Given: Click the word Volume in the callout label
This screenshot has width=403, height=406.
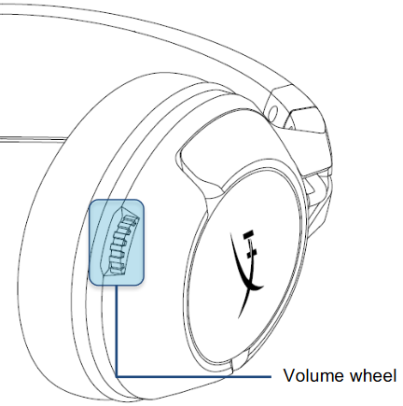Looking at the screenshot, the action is (x=314, y=375).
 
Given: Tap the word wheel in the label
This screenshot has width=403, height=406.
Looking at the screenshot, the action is (x=373, y=375).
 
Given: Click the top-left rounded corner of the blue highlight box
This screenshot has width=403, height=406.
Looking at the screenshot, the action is (x=91, y=202).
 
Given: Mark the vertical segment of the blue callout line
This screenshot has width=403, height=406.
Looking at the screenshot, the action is (x=117, y=331).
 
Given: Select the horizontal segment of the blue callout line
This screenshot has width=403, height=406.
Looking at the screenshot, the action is (x=194, y=376).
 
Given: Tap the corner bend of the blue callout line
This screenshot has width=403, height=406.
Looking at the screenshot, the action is (x=117, y=376).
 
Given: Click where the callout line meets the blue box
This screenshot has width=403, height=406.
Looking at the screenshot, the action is (x=117, y=286).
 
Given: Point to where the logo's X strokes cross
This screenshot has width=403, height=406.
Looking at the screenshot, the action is (x=248, y=283).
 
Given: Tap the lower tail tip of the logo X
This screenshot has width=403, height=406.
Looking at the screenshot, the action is (x=239, y=317).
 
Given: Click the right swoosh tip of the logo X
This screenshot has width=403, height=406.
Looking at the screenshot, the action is (x=262, y=286).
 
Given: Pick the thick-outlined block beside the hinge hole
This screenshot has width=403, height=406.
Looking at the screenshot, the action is (x=305, y=119).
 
